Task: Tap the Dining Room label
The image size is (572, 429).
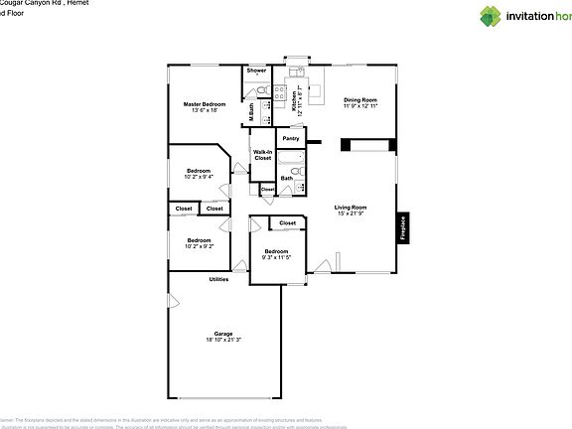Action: coord(360,100)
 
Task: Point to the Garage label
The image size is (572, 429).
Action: coord(223,333)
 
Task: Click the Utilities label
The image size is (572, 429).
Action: coord(218,279)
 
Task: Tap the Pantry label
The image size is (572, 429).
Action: coord(291,138)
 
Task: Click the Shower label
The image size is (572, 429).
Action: coord(256,71)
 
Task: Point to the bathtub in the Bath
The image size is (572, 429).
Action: coord(291,160)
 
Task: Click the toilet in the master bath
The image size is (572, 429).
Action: coord(262,91)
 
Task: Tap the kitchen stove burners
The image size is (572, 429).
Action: coord(281,91)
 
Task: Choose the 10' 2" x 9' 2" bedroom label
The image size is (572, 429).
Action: coord(199,244)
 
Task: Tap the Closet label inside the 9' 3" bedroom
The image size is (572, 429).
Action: coord(288,223)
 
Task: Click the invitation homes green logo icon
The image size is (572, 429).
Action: coord(491,16)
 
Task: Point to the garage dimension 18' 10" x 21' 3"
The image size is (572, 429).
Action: coord(223,341)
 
